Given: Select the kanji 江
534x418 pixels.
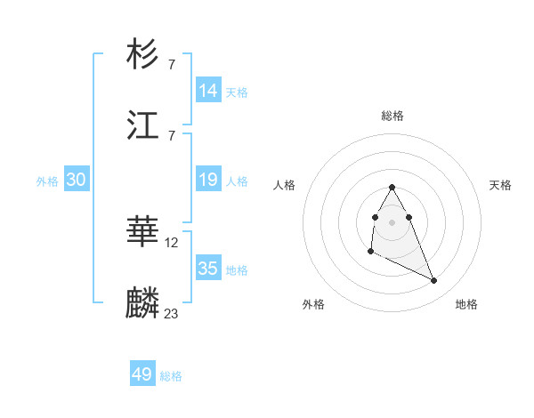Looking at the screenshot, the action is pyautogui.click(x=143, y=124).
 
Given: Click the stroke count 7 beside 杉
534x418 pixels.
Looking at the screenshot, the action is pyautogui.click(x=171, y=64).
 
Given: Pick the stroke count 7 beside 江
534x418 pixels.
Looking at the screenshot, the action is pyautogui.click(x=171, y=135).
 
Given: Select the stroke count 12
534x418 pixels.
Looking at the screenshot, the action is pyautogui.click(x=173, y=242).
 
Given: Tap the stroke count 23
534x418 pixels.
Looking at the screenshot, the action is pyautogui.click(x=172, y=314).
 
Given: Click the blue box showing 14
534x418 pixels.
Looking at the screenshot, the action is pyautogui.click(x=208, y=90).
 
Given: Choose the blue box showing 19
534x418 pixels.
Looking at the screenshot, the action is pyautogui.click(x=208, y=180).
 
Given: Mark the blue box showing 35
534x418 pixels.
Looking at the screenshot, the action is pyautogui.click(x=208, y=269).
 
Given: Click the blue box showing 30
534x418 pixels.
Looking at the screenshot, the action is pyautogui.click(x=77, y=180).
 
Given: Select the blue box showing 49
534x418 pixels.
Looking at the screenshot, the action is pyautogui.click(x=142, y=374).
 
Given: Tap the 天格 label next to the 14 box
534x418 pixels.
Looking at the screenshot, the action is pyautogui.click(x=237, y=92).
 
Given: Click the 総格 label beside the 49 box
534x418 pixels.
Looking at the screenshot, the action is pyautogui.click(x=171, y=376).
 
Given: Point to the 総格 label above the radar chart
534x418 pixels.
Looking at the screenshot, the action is pyautogui.click(x=392, y=116).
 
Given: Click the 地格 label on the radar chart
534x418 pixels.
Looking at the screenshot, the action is pyautogui.click(x=466, y=304).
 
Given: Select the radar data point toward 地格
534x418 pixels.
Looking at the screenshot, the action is pyautogui.click(x=434, y=281).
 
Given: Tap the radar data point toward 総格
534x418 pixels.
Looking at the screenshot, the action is pyautogui.click(x=392, y=188).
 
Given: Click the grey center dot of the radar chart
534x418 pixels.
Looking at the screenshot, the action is pyautogui.click(x=392, y=221).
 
